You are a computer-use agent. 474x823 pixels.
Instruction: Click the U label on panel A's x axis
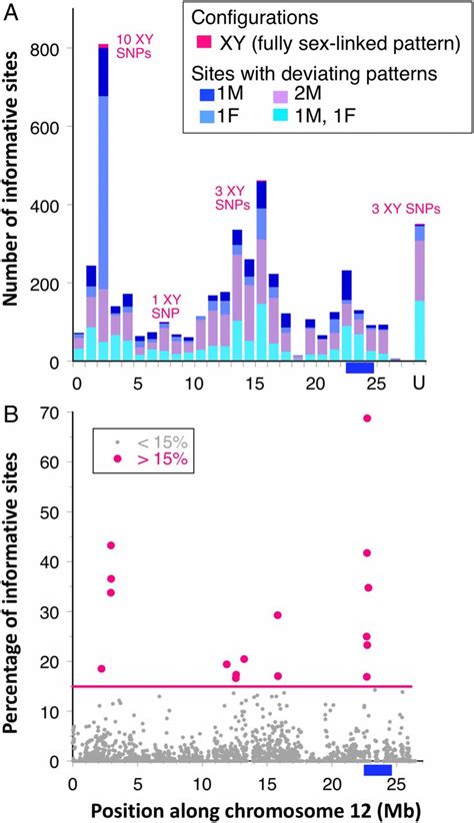[x=419, y=384]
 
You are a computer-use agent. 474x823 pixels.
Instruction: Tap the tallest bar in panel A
[x=103, y=200]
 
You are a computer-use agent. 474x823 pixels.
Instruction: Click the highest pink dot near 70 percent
[x=367, y=418]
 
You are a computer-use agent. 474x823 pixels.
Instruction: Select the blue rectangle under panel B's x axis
[x=377, y=769]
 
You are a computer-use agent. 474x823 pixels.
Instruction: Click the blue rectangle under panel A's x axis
[x=359, y=368]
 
